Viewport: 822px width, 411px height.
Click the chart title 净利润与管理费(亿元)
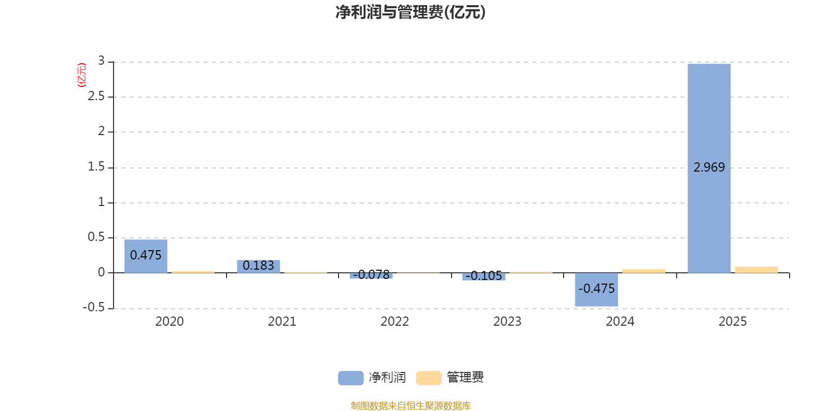410,12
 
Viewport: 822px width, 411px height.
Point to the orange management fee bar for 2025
756,270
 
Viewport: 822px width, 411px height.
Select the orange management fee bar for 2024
644,271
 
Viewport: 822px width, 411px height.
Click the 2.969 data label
709,167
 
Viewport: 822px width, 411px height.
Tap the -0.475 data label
596,289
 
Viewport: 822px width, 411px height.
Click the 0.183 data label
258,266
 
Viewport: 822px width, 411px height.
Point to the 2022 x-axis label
395,322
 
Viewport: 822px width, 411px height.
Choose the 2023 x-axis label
507,322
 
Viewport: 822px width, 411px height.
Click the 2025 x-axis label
733,322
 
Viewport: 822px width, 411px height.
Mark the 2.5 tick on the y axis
96,97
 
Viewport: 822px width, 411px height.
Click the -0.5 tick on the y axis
94,307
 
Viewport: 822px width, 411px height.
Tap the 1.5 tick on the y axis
96,167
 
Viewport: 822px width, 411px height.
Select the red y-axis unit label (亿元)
81,75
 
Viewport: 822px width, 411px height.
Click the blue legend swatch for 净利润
350,378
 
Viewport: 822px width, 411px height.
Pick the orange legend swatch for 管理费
428,378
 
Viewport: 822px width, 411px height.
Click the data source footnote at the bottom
410,406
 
